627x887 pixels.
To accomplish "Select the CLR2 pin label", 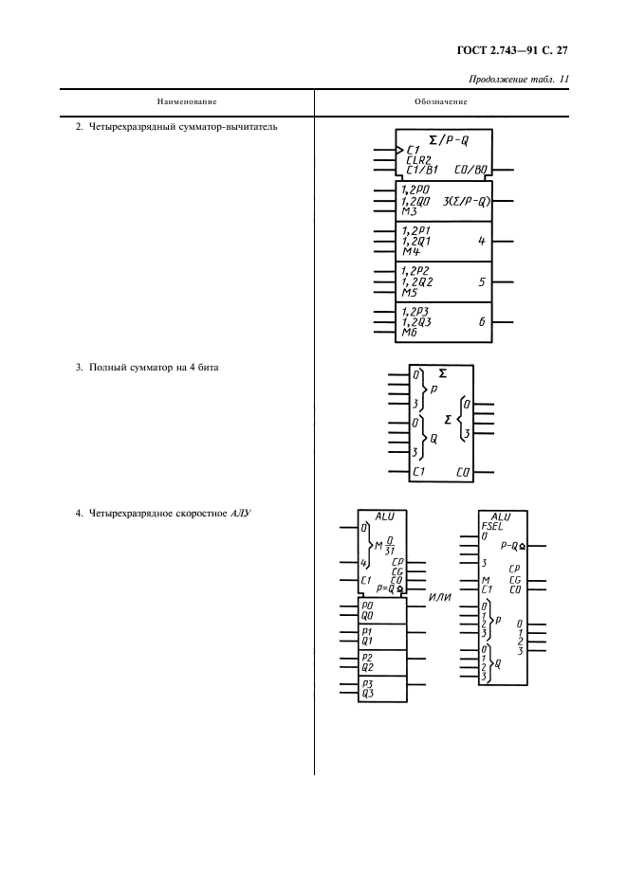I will (x=418, y=160).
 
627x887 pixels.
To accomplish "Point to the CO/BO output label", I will (x=470, y=171).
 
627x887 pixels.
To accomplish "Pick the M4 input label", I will (x=411, y=251).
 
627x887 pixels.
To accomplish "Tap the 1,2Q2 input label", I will (x=417, y=281).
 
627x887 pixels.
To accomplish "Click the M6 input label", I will (x=410, y=332).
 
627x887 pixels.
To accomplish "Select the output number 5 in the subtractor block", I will (x=482, y=281).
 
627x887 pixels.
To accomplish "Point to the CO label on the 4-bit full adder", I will (x=463, y=471).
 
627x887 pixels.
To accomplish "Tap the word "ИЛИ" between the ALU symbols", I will (x=440, y=595).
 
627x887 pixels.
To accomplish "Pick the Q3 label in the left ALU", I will (x=368, y=693).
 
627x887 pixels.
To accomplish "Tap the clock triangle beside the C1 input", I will (x=399, y=150).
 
